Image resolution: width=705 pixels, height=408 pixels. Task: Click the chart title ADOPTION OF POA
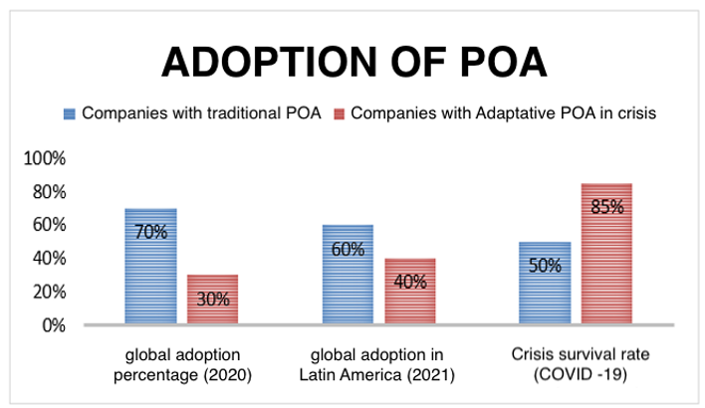[x=353, y=62]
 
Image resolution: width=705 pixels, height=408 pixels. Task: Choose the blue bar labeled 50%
[x=545, y=284]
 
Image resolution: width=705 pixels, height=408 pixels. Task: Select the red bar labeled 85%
[x=607, y=254]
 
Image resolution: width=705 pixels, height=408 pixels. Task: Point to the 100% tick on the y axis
[x=46, y=158]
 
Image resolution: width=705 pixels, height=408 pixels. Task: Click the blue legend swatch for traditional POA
[x=71, y=112]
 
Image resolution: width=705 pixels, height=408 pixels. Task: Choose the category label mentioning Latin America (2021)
[x=378, y=364]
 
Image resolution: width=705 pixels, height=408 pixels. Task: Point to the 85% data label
[x=607, y=207]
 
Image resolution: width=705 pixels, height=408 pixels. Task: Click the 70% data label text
[x=150, y=233]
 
